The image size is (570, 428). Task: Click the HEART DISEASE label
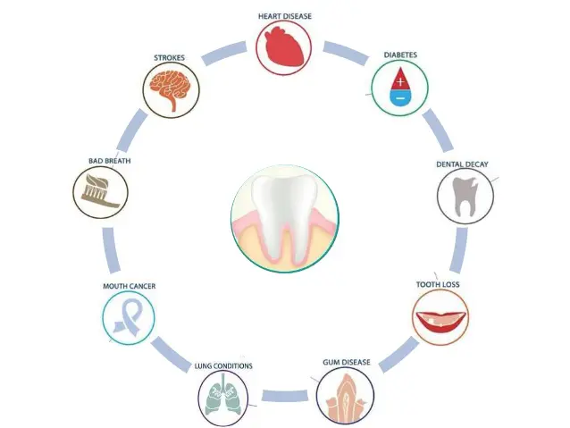click(x=284, y=15)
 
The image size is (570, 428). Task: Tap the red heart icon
click(x=284, y=47)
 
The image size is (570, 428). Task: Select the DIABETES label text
click(x=400, y=55)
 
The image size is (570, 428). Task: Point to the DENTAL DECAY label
click(x=462, y=164)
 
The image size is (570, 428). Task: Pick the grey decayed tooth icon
click(x=464, y=197)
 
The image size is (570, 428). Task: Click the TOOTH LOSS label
click(x=439, y=285)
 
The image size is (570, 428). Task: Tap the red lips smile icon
click(x=439, y=317)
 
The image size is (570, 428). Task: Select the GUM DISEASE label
click(x=345, y=362)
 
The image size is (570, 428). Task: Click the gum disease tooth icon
click(x=345, y=396)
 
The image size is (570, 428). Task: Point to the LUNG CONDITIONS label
click(x=223, y=365)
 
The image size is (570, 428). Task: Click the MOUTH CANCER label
click(x=130, y=286)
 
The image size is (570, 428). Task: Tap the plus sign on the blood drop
click(x=399, y=81)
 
